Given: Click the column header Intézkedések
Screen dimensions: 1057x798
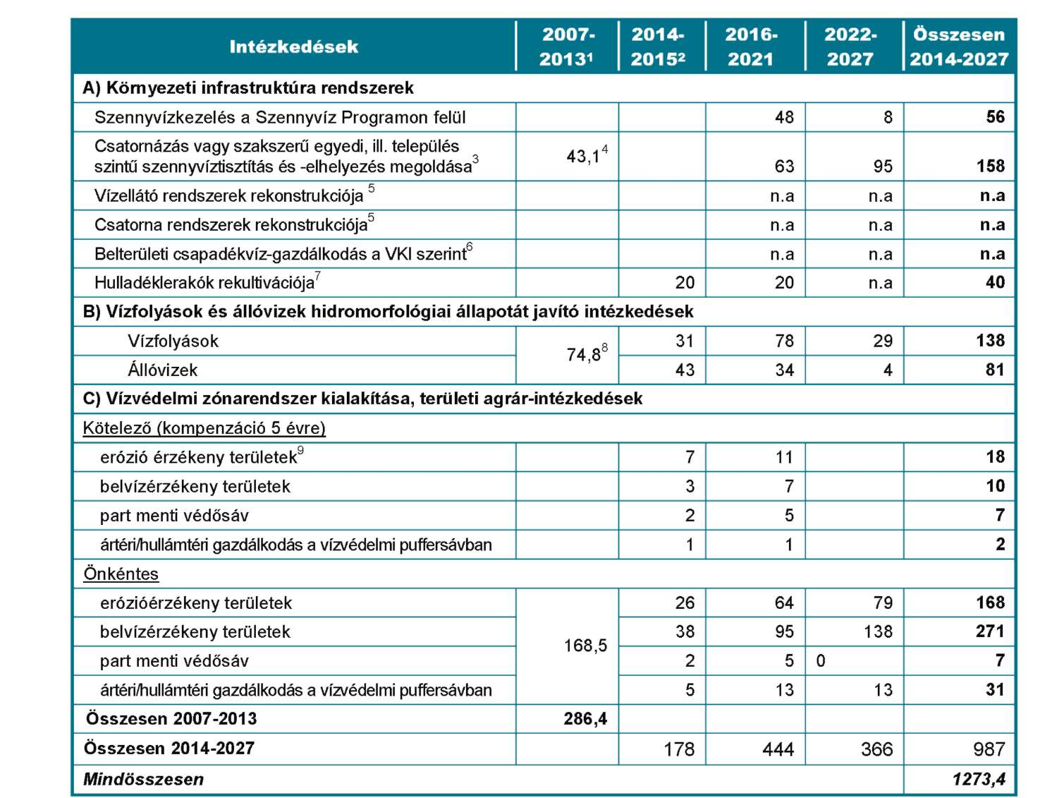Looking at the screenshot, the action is pos(293,47).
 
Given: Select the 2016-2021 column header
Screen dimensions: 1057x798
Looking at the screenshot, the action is pos(751,47).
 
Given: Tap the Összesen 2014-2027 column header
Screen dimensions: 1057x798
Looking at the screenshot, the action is pos(958,47).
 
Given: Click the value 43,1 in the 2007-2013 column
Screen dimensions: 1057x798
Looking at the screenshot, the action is pos(582,156).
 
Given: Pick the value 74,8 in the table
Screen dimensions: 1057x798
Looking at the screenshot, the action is pos(583,355).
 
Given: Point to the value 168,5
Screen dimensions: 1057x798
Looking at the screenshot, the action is pos(585,645).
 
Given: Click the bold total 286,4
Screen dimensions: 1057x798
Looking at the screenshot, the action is pos(585,718).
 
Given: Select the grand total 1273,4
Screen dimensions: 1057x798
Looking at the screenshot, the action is pos(979,779).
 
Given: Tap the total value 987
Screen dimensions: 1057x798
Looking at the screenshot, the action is pos(989,749).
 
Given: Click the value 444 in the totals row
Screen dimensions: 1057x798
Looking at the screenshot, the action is pos(778,749).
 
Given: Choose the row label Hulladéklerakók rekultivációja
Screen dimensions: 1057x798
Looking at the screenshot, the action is pos(204,282).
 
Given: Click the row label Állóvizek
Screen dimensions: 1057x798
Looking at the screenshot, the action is pos(162,370).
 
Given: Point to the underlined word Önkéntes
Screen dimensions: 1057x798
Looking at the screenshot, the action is pos(121,574).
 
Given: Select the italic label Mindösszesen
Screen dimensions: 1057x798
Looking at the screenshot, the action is pos(144,779).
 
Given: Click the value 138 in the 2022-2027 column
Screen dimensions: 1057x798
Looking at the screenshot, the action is pos(878,631).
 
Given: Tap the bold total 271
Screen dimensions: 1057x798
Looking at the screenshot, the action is pos(990,631).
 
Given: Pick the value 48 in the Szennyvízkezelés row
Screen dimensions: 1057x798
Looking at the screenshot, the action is pos(784,117).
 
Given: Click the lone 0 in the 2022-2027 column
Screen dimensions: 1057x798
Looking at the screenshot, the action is pos(821,660).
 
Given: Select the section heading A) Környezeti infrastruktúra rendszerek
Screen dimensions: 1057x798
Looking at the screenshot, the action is pos(248,87).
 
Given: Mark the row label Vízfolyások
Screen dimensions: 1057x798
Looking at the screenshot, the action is pos(173,341).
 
